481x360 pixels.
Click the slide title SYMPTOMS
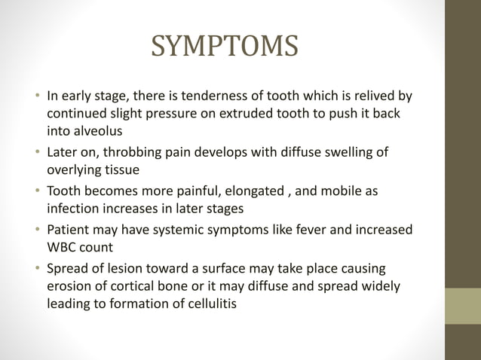225,47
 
